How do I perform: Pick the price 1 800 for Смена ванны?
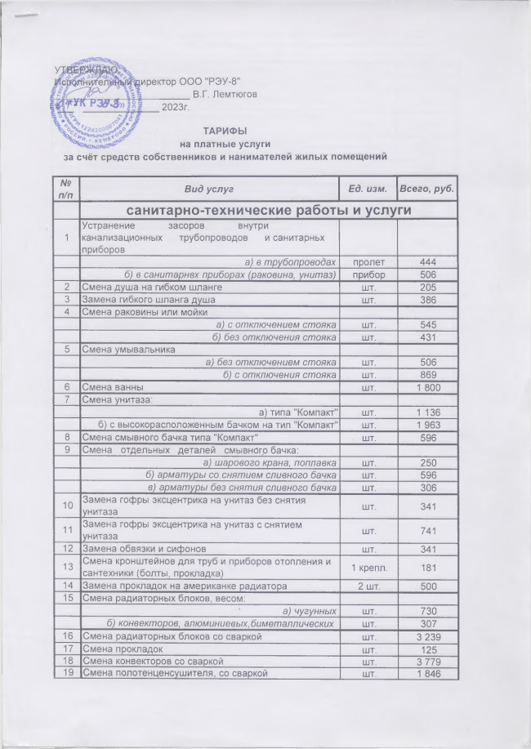(428, 386)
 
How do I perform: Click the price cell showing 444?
(428, 261)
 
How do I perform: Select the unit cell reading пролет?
(368, 261)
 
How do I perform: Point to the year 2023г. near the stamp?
(176, 106)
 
